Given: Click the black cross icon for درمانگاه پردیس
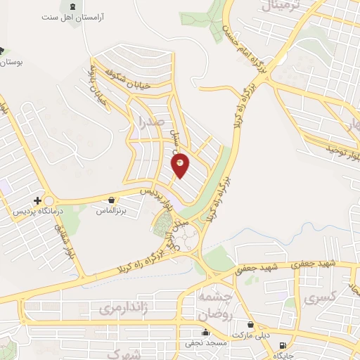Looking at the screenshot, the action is pyautogui.click(x=37, y=200).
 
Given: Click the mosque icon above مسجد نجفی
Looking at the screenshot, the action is pyautogui.click(x=205, y=333).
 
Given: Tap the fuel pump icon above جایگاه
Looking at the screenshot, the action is pyautogui.click(x=283, y=345).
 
